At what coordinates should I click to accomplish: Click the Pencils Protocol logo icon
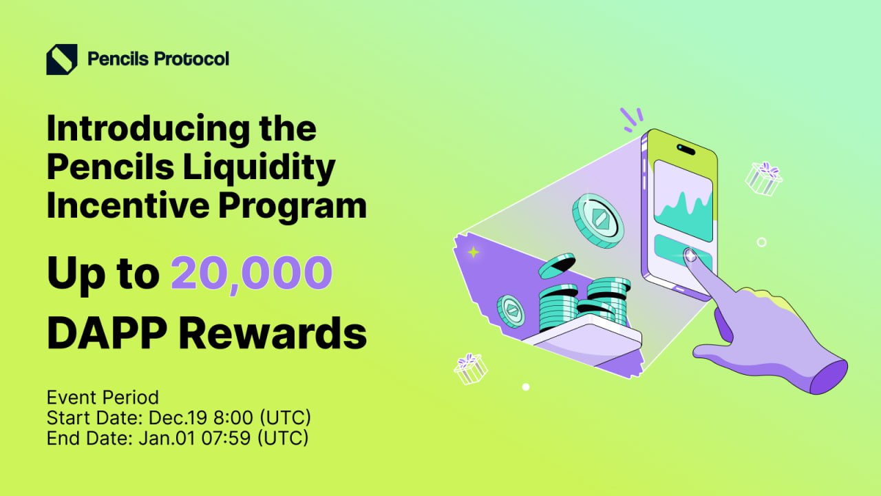[x=61, y=59]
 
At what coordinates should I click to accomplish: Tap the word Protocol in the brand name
[x=191, y=59]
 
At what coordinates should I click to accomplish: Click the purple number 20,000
[x=251, y=273]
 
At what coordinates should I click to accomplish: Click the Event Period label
[x=103, y=397]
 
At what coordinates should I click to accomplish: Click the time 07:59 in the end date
[x=226, y=437]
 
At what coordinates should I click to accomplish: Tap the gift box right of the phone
[x=764, y=178]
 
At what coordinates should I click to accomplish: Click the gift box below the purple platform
[x=470, y=369]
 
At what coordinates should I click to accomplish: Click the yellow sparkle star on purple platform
[x=473, y=253]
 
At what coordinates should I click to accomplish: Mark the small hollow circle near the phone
[x=761, y=242]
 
